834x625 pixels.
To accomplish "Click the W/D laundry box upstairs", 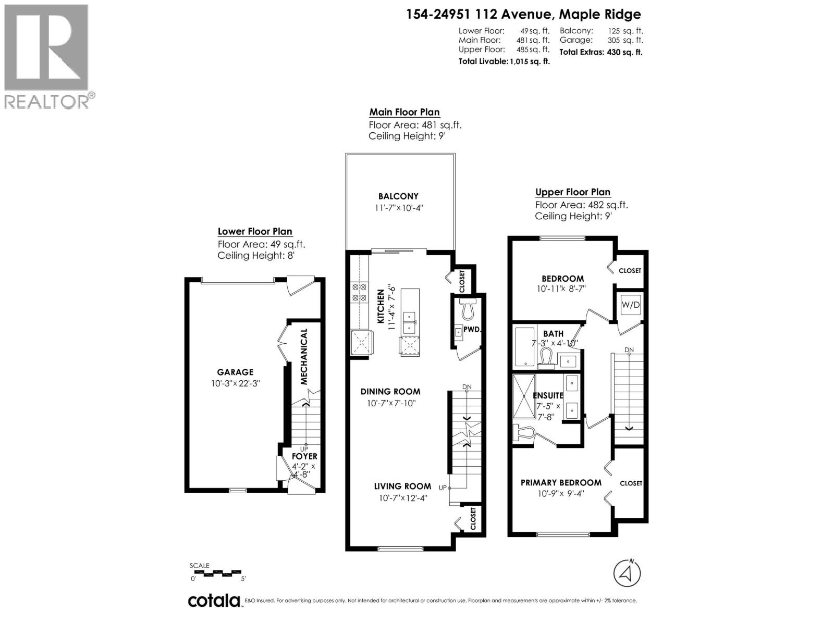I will click(x=630, y=305).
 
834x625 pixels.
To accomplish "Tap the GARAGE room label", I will click(x=235, y=372).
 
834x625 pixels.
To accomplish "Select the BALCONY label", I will click(x=398, y=196).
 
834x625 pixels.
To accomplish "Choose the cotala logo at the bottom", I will click(x=214, y=601).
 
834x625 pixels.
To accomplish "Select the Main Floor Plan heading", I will click(x=404, y=112).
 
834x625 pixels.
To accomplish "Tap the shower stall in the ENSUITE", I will click(x=524, y=396).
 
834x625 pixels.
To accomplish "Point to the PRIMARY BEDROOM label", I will click(x=561, y=483).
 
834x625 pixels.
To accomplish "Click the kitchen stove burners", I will click(x=359, y=292).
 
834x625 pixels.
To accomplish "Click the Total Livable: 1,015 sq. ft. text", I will click(x=504, y=61).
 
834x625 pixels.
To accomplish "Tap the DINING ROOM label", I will click(x=390, y=392).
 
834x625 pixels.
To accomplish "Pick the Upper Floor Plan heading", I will click(x=573, y=192).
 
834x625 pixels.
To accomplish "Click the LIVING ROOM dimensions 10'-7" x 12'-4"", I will click(x=403, y=498).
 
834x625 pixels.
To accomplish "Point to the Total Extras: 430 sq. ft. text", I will click(x=600, y=52).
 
